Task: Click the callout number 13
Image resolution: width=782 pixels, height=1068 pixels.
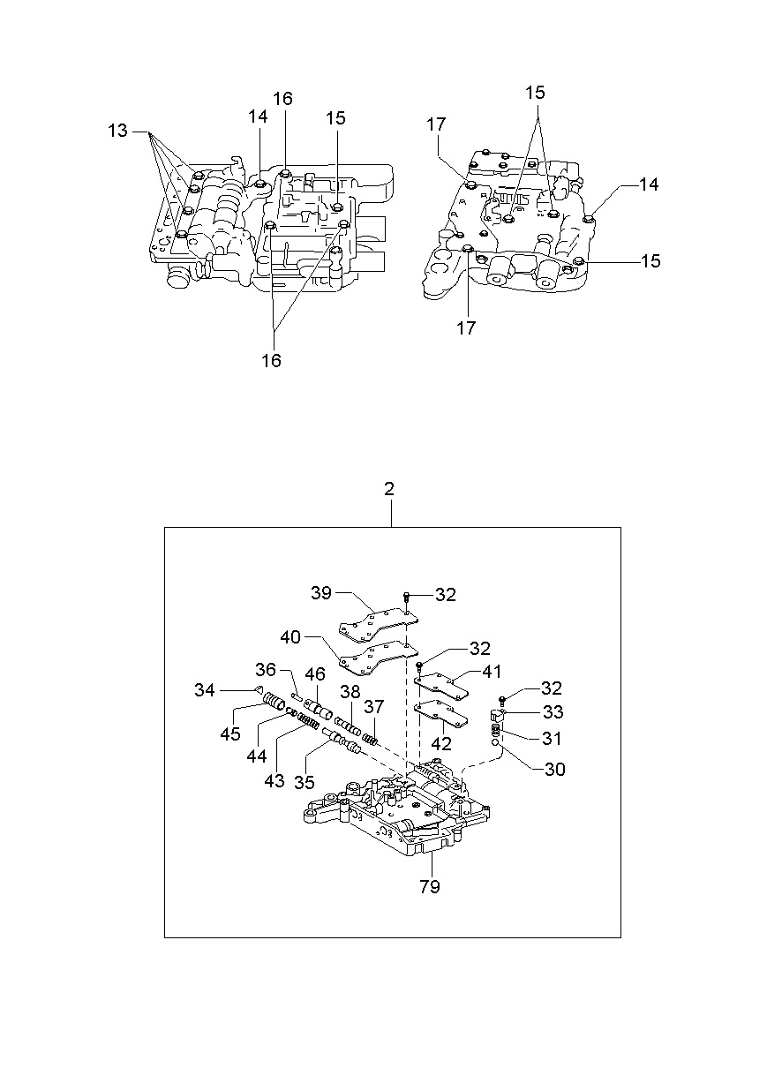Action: click(x=117, y=130)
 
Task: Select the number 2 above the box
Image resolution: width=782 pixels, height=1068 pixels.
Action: click(x=389, y=489)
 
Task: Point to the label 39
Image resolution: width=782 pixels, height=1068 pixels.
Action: click(x=321, y=592)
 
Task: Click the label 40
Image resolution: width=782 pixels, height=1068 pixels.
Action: click(x=290, y=637)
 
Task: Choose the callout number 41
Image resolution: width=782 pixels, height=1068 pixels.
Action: click(x=492, y=672)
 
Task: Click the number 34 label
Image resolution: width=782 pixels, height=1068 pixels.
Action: click(x=205, y=690)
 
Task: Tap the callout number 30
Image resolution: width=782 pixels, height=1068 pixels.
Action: click(x=554, y=769)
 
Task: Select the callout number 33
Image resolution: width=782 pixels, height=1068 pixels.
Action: click(x=553, y=711)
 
